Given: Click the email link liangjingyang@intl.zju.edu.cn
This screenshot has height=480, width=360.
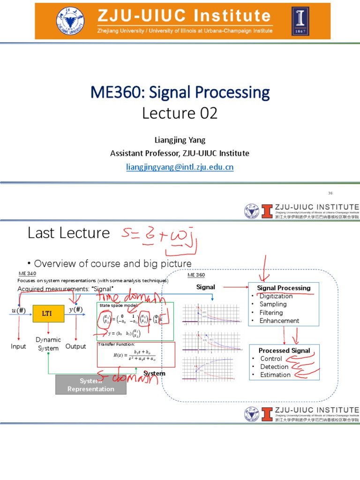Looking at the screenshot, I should (180, 167).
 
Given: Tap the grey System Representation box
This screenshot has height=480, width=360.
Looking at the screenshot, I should (90, 385).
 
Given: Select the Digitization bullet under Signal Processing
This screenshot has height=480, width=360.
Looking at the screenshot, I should (276, 296).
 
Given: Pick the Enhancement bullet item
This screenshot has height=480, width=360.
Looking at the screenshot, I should (279, 321).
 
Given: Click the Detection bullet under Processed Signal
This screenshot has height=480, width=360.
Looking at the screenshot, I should (274, 367).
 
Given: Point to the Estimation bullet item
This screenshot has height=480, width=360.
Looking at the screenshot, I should (275, 375).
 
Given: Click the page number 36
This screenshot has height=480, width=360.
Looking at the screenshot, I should (330, 193).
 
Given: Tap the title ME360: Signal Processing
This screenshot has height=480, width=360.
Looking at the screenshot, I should (180, 92).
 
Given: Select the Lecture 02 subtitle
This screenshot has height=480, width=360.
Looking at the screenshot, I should (180, 113).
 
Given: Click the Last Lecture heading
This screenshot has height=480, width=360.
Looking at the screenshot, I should (68, 233).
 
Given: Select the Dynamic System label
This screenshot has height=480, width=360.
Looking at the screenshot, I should (48, 344).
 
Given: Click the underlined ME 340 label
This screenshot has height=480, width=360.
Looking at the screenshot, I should (27, 274).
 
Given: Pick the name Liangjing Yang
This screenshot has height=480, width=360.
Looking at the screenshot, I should (180, 140).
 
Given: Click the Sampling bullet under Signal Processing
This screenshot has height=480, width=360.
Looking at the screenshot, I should (273, 304).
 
